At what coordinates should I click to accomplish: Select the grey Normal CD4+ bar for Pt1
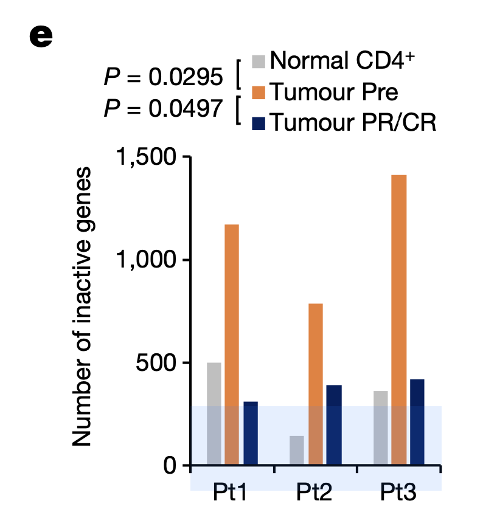pyautogui.click(x=214, y=413)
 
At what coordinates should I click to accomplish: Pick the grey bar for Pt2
pyautogui.click(x=297, y=451)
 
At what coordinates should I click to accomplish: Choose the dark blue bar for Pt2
pyautogui.click(x=333, y=425)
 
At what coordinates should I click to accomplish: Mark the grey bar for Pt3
pyautogui.click(x=380, y=428)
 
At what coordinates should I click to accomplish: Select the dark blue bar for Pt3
pyautogui.click(x=417, y=422)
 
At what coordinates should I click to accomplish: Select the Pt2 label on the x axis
pyautogui.click(x=314, y=492)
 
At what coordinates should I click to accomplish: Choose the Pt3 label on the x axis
pyautogui.click(x=398, y=492)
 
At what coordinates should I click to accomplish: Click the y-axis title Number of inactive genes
pyautogui.click(x=83, y=307)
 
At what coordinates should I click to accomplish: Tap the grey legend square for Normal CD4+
pyautogui.click(x=259, y=61)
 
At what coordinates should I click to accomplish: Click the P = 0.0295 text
pyautogui.click(x=163, y=78)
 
